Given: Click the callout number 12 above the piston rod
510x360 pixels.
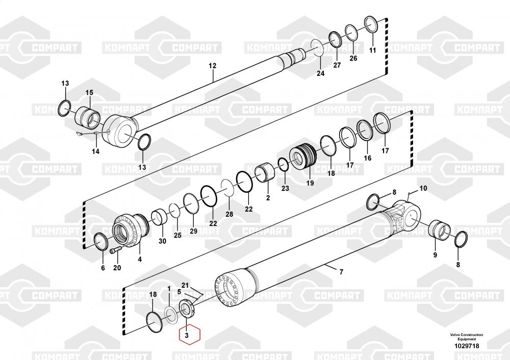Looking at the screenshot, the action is point(212,66).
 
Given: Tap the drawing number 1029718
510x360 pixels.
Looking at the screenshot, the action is point(467,346).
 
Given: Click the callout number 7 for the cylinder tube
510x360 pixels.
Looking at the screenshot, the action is point(341,272).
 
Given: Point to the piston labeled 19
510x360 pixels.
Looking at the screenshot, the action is point(303,157).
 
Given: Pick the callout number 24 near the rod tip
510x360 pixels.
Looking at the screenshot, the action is point(321,73).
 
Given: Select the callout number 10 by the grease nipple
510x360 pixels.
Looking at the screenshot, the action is point(423,188).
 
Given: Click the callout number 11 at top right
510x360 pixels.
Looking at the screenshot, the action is point(373,50).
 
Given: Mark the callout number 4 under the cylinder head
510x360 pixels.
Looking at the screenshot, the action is point(140,259).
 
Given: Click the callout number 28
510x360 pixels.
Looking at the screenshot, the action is point(229,214).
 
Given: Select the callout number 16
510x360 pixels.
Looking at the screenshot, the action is point(368,158).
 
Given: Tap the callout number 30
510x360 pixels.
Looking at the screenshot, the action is point(162,241).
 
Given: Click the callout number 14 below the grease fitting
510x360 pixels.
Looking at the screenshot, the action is point(96,151).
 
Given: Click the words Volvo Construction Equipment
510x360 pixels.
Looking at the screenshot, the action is point(467,337).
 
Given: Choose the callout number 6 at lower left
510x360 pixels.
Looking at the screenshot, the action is point(103,268).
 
